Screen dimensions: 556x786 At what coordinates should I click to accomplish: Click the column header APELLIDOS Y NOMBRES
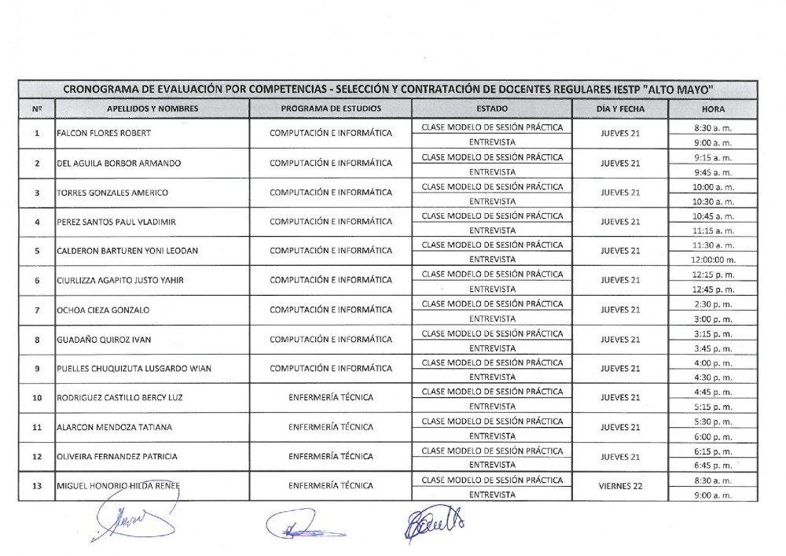(152, 109)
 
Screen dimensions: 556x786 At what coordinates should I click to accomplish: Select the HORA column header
(714, 109)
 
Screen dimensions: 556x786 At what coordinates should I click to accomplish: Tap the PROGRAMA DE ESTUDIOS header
(331, 109)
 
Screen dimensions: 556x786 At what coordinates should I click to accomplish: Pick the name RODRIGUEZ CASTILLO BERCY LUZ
(119, 398)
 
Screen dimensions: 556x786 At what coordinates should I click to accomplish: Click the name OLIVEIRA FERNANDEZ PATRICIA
(117, 457)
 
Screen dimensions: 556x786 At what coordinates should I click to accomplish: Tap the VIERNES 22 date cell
(619, 486)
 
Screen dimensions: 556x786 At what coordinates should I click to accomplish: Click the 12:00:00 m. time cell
(714, 260)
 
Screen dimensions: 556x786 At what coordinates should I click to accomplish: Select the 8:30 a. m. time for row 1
(714, 127)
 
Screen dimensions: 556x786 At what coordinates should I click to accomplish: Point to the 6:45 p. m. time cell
(714, 465)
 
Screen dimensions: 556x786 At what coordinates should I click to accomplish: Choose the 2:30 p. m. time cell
(714, 304)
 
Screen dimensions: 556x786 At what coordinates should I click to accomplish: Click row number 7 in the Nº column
(37, 310)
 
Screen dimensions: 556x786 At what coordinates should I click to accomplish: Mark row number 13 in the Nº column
(37, 486)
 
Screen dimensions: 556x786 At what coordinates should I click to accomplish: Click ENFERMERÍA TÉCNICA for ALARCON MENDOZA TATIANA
(331, 427)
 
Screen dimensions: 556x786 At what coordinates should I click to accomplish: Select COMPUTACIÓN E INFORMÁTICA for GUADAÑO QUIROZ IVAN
(331, 340)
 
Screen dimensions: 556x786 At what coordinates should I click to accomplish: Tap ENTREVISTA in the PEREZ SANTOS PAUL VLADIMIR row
(492, 230)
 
